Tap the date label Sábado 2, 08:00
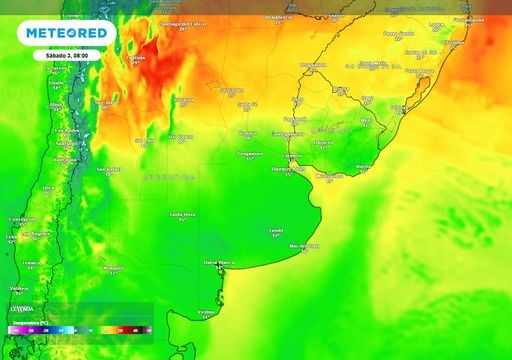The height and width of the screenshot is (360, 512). click(66, 54)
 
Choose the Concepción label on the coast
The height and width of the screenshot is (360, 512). click(22, 219)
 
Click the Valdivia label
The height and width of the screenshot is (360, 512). click(18, 288)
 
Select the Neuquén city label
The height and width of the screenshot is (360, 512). click(113, 267)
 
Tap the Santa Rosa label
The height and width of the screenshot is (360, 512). click(181, 214)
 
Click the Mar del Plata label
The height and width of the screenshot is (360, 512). click(303, 245)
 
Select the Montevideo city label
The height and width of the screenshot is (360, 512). click(329, 175)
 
